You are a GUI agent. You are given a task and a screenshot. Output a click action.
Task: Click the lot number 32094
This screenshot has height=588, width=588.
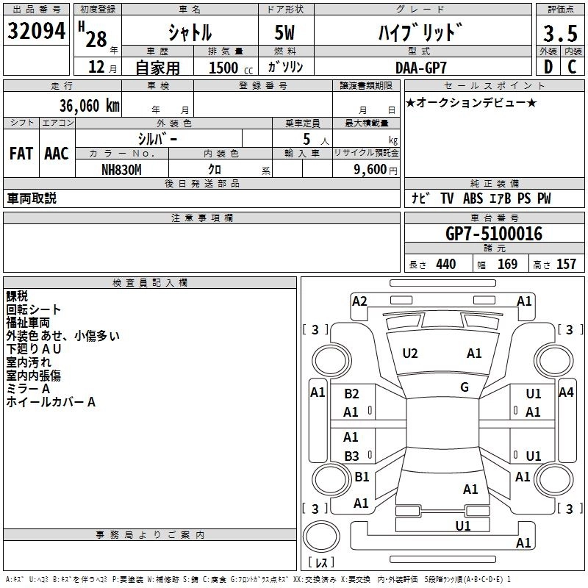(x=37, y=32)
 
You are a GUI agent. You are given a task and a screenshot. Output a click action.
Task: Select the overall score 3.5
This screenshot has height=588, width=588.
(x=559, y=34)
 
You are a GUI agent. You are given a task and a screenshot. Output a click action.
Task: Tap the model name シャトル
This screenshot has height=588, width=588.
(x=190, y=33)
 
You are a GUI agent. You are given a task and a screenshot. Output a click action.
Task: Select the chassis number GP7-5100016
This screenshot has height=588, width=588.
(x=494, y=234)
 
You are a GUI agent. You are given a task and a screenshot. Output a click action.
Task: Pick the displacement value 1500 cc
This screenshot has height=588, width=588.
(x=225, y=68)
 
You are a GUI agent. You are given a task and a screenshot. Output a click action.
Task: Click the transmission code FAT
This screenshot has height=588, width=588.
(x=21, y=154)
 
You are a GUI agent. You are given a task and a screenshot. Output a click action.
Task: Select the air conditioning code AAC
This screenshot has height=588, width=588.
(x=56, y=154)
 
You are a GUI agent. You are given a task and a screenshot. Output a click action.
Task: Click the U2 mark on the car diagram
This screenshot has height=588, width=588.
(x=410, y=354)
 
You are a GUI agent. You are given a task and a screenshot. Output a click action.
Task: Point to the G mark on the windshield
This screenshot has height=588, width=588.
(x=465, y=387)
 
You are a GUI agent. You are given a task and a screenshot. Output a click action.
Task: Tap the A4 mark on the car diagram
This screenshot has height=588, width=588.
(x=566, y=392)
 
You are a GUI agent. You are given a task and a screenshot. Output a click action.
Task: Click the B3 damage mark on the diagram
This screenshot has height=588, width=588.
(x=351, y=456)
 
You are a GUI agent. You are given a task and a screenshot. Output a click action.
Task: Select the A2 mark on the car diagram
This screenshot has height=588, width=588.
(x=359, y=301)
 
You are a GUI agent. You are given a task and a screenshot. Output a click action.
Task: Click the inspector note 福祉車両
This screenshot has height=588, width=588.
(x=28, y=323)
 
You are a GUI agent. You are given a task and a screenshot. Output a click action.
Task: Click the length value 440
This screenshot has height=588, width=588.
(x=445, y=265)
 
